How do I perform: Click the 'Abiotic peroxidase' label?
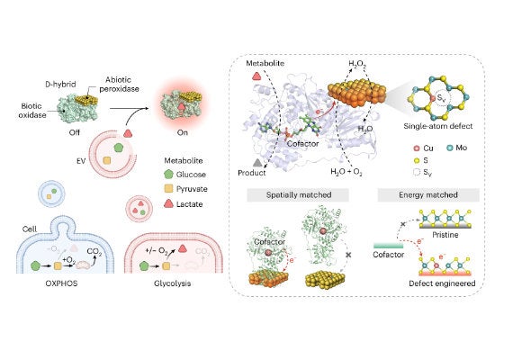[119, 84]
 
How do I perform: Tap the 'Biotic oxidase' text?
[31, 111]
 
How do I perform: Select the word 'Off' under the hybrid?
[75, 132]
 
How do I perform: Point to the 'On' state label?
[182, 132]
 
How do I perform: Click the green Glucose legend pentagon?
[168, 174]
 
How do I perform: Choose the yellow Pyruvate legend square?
[168, 188]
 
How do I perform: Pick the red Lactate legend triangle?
[168, 203]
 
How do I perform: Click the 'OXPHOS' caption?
[61, 283]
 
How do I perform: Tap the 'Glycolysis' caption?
[173, 283]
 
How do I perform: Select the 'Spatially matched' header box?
[298, 194]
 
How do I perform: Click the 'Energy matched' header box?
[428, 194]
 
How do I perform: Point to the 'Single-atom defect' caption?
[438, 126]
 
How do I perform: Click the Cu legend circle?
[417, 148]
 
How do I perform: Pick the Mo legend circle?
[449, 148]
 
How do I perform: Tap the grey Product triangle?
[257, 162]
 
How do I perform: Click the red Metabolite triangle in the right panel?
[256, 76]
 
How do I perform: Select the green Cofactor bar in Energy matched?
[388, 246]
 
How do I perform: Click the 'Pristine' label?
[445, 235]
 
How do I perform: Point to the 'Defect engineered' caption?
[442, 283]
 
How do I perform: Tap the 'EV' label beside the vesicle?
[81, 161]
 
